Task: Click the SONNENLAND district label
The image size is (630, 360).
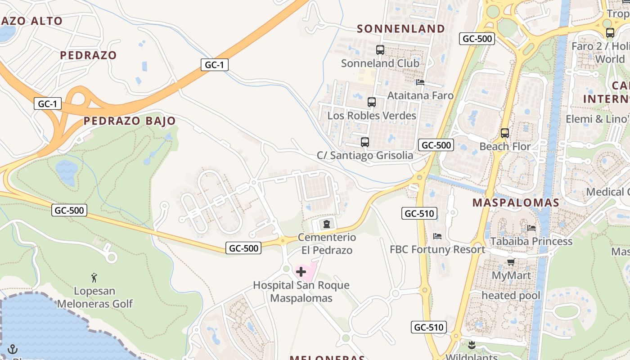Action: pos(401,29)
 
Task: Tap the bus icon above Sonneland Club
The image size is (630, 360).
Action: pos(380,50)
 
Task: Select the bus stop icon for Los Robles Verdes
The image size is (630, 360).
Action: pos(372,102)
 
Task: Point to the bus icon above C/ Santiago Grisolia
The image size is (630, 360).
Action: pos(365,142)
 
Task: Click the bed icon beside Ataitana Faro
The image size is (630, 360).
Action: pos(420,82)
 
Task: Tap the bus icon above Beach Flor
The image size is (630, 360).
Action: pos(505,133)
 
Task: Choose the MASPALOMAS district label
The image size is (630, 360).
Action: pos(516,202)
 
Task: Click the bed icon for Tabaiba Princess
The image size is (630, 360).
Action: pos(532,228)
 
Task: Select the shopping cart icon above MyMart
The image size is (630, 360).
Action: pos(511,261)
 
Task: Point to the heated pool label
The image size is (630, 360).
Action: pos(511,296)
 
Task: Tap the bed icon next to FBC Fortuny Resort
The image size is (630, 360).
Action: pos(437,236)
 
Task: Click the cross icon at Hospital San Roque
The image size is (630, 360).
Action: pos(301,272)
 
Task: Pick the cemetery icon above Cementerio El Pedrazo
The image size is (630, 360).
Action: pos(327,224)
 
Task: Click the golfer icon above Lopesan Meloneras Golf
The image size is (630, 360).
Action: pos(94,278)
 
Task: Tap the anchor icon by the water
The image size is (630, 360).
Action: pos(12,349)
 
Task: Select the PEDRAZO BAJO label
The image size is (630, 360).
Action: pos(130,121)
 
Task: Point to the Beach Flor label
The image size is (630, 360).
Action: pos(505,146)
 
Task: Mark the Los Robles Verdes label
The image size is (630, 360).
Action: pos(372,116)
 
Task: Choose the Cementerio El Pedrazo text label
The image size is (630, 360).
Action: pos(327,243)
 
